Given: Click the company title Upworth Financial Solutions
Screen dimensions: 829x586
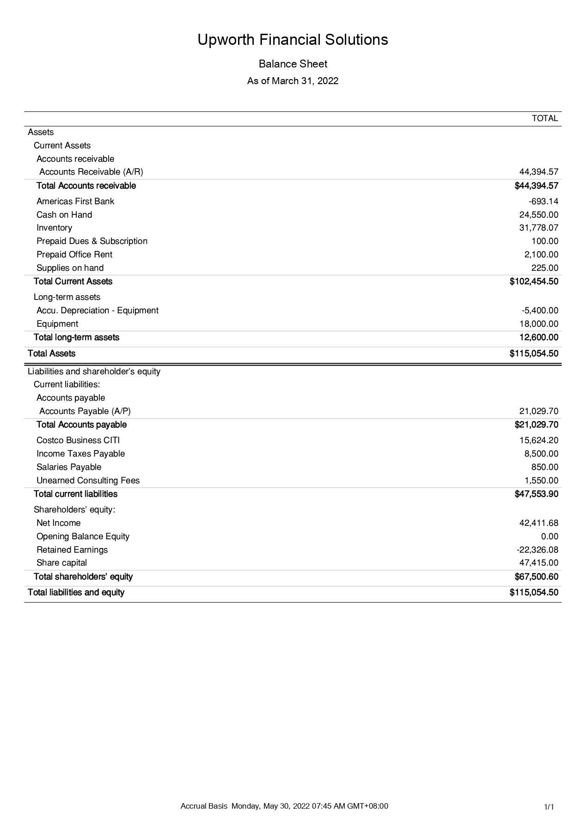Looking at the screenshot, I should point(293,40).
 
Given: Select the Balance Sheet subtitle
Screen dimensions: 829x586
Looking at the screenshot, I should point(293,64).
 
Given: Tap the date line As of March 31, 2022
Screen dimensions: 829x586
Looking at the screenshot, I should point(293,81).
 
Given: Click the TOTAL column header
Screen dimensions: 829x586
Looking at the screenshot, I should point(545,118).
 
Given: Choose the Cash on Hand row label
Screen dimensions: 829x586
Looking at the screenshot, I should point(64,215).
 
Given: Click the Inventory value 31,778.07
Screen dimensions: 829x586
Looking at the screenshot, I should point(539,228).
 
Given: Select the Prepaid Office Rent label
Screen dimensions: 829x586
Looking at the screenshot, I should point(74,255).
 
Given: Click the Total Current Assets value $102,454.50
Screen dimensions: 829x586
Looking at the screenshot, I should point(534,281).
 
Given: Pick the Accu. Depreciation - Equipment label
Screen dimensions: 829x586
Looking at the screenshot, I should point(98,311).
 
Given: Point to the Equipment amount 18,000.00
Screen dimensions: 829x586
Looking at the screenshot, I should point(539,324).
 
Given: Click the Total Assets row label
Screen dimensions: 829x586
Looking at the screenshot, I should point(51,354).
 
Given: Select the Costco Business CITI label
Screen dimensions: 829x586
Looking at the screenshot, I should point(78,440).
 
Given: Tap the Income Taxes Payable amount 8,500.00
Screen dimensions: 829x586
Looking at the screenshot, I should point(541,454).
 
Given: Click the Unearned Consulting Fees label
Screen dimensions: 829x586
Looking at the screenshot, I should point(88,481).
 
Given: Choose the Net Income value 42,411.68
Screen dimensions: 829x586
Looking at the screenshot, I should point(539,523).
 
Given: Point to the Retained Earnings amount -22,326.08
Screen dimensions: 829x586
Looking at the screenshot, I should point(537,550).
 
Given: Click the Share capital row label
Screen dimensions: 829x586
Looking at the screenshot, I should point(61,563).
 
